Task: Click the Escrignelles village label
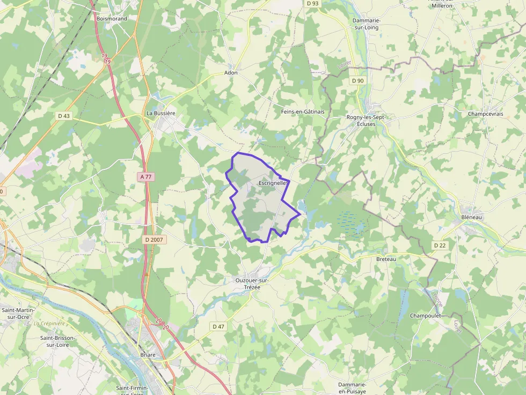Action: click(274, 183)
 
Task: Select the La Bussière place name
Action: click(161, 114)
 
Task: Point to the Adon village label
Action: click(231, 73)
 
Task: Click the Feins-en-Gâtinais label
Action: click(303, 111)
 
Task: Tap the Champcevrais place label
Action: click(485, 114)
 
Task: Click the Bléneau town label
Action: click(472, 217)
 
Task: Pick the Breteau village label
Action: click(386, 259)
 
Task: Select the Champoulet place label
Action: click(426, 316)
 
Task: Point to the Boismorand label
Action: click(112, 19)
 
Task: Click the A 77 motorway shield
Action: click(145, 176)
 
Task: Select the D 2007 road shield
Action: click(156, 240)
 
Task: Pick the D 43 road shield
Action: click(63, 116)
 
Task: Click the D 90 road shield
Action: click(357, 80)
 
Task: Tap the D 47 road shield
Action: click(218, 326)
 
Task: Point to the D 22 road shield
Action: click(440, 245)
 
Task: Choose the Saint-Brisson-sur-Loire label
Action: click(58, 341)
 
